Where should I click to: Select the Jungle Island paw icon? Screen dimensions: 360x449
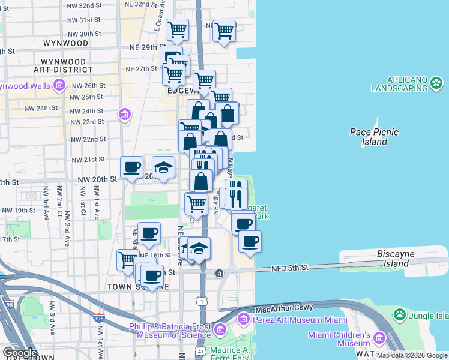pyautogui.click(x=399, y=314)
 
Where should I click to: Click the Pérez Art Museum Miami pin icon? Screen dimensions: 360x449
pyautogui.click(x=244, y=317)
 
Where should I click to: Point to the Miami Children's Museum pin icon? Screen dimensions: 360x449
pyautogui.click(x=379, y=338)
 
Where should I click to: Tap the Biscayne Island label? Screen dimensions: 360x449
pyautogui.click(x=396, y=258)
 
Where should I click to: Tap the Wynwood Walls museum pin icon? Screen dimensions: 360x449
pyautogui.click(x=59, y=86)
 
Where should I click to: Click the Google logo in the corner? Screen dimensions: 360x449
pyautogui.click(x=20, y=352)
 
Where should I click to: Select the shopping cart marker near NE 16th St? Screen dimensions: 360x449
pyautogui.click(x=128, y=259)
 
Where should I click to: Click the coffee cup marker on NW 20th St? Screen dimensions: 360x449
pyautogui.click(x=131, y=167)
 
